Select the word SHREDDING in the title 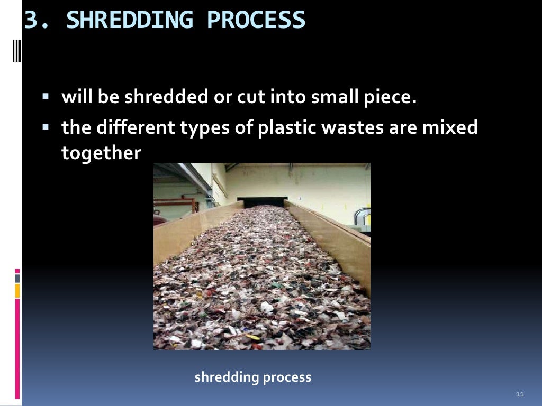pos(132,20)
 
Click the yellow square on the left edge pos(17,290)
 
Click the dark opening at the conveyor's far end pos(261,202)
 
